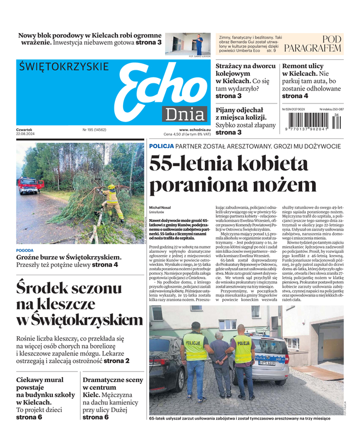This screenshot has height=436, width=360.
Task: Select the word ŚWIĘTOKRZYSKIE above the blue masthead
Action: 64,66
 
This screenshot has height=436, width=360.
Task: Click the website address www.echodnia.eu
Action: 194,130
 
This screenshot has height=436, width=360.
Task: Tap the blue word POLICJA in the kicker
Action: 162,147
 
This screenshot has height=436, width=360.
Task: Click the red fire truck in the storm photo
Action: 30,185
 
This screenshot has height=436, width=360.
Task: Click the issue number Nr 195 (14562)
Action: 94,130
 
